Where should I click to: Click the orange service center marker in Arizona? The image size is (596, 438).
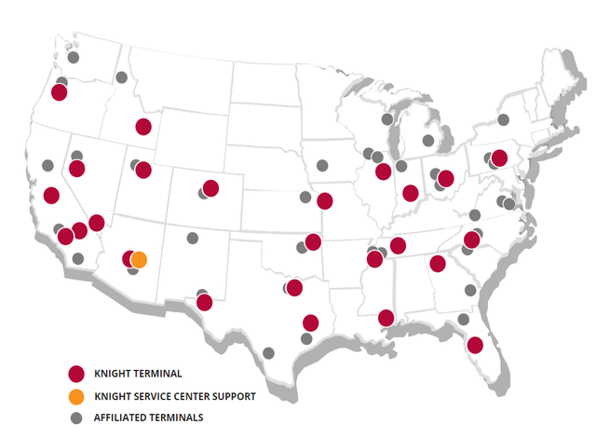pos(139,259)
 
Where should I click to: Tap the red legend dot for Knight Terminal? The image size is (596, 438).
pos(77,374)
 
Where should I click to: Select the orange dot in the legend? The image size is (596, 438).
pos(77,395)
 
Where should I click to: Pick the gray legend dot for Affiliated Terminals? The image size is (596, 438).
pos(77,417)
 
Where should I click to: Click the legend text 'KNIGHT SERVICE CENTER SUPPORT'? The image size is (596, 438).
pos(174,395)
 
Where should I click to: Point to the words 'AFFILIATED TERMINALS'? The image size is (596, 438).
pos(149,417)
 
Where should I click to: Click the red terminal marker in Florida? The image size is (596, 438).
pos(474,345)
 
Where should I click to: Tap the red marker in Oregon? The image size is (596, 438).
pos(60,91)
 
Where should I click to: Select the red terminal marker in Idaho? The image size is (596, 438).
pos(143,127)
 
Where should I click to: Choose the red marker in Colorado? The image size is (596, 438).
pos(210,187)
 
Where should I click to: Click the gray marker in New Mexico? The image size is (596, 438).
pos(193,238)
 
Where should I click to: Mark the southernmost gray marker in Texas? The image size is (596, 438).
pos(269,353)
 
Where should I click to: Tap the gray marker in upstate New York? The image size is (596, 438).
pos(503,119)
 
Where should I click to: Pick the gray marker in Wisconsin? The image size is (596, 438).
pos(387,119)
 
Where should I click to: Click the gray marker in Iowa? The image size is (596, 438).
pos(322,165)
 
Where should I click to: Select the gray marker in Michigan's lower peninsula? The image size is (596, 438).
pos(428,141)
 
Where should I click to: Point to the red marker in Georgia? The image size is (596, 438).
pos(438,263)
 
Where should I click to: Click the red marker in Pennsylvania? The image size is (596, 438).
pos(499,157)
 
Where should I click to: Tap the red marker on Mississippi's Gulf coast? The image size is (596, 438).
pos(386,318)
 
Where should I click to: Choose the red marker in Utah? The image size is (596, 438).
pos(143,169)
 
